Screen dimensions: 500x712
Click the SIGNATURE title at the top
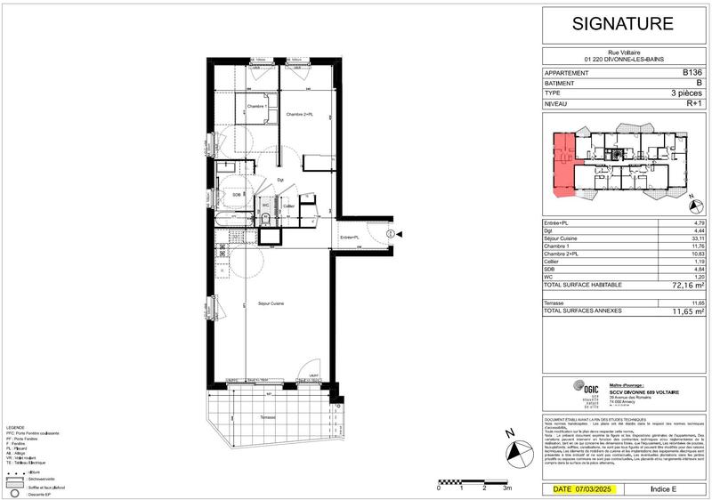coord(622,23)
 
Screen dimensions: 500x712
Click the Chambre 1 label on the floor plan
coord(257,107)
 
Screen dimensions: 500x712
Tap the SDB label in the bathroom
coord(237,194)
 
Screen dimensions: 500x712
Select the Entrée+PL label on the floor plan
coord(350,237)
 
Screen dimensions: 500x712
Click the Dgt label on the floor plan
coord(279,181)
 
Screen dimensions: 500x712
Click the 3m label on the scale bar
coord(507,488)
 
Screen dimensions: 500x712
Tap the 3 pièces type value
coord(686,93)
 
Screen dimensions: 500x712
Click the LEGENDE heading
coord(17,427)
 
